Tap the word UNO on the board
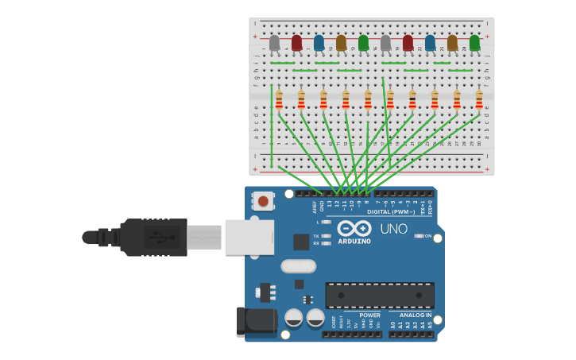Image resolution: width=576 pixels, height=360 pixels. coord(393,229)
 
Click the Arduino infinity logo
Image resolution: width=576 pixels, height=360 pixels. coord(354,228)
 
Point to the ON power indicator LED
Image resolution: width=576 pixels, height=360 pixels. coord(419,236)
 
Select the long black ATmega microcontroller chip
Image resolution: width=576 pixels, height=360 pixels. coord(379,295)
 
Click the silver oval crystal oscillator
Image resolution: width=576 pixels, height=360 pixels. coord(298,266)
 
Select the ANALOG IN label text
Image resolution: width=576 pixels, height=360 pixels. coord(410,315)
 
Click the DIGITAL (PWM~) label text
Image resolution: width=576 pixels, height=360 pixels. coord(392,212)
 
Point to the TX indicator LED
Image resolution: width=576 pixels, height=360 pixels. coord(326,236)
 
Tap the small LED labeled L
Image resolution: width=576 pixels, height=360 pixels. coord(326,223)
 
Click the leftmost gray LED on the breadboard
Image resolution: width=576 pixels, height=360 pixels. coord(274,43)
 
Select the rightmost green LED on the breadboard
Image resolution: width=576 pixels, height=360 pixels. coord(474,42)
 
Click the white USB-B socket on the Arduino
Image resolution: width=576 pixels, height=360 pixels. coord(249,237)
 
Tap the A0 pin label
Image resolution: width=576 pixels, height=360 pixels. coord(392,325)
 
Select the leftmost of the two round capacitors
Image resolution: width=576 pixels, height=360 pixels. coord(293,319)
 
